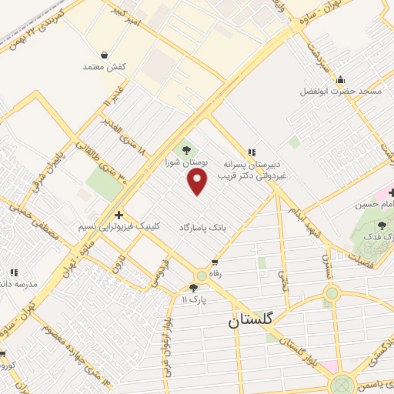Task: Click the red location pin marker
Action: click(x=198, y=182)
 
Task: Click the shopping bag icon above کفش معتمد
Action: click(x=104, y=55)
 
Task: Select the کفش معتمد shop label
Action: click(x=103, y=67)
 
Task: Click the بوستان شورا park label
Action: click(x=179, y=163)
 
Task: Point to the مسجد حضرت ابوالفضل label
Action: click(x=341, y=91)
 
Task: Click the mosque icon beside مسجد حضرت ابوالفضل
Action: click(x=341, y=79)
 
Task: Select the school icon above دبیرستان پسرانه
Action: click(x=252, y=153)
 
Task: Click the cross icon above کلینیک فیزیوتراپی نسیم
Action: click(x=119, y=215)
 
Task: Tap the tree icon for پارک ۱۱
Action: click(x=192, y=288)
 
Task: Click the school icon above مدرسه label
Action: click(x=14, y=272)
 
